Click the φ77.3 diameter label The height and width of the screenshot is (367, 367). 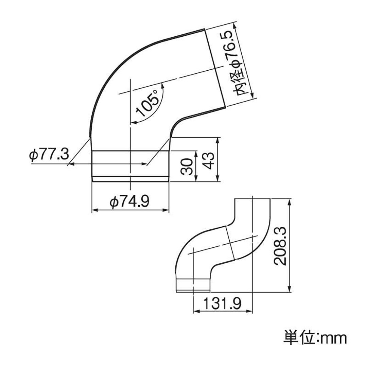point(49,155)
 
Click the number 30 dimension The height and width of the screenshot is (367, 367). point(187,167)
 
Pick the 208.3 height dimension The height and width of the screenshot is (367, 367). point(280,246)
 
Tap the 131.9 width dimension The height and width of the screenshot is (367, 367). point(222,304)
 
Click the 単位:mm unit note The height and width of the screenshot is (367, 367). point(315,338)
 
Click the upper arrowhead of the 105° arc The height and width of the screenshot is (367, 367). point(162,86)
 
